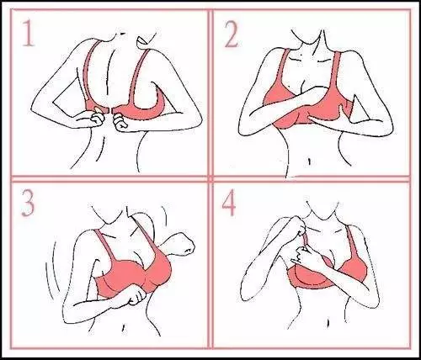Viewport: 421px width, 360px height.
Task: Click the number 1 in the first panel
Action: click(x=29, y=33)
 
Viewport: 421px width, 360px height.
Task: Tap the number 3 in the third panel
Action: click(x=28, y=204)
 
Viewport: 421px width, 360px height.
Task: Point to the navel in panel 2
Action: click(x=309, y=161)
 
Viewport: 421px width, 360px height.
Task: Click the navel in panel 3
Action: click(x=123, y=328)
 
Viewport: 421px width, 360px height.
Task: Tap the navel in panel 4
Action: click(x=327, y=320)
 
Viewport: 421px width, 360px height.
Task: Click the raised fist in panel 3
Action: click(x=184, y=244)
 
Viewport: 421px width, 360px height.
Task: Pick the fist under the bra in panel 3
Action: click(x=137, y=297)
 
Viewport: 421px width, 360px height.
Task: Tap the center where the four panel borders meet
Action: click(x=210, y=178)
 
